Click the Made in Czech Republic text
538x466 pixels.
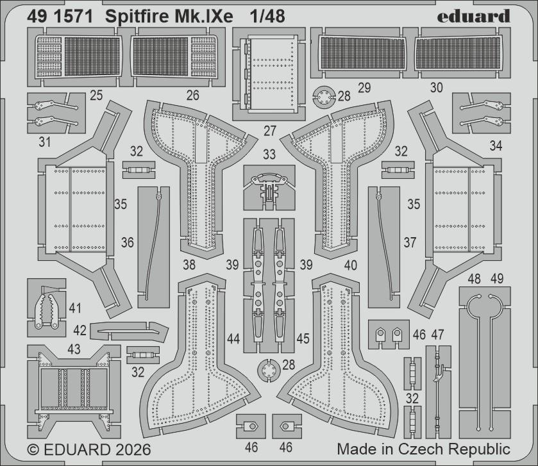423,448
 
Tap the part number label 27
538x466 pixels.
270,131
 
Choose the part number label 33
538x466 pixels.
269,154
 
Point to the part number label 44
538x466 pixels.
233,338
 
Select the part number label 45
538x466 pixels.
303,338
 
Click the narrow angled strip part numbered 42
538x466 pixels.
128,329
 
